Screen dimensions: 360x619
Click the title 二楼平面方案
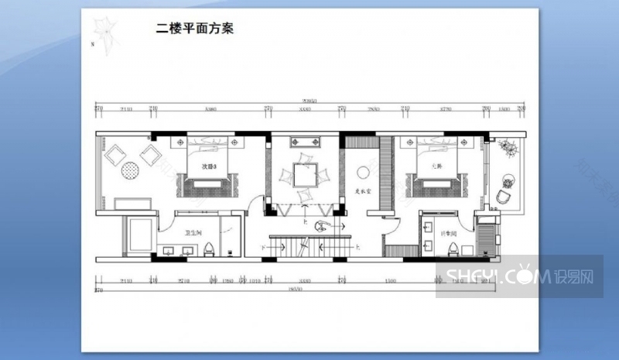click(194, 29)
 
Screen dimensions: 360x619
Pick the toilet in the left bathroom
click(210, 249)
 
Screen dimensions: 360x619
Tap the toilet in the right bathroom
click(453, 248)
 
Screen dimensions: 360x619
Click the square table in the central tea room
click(303, 175)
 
